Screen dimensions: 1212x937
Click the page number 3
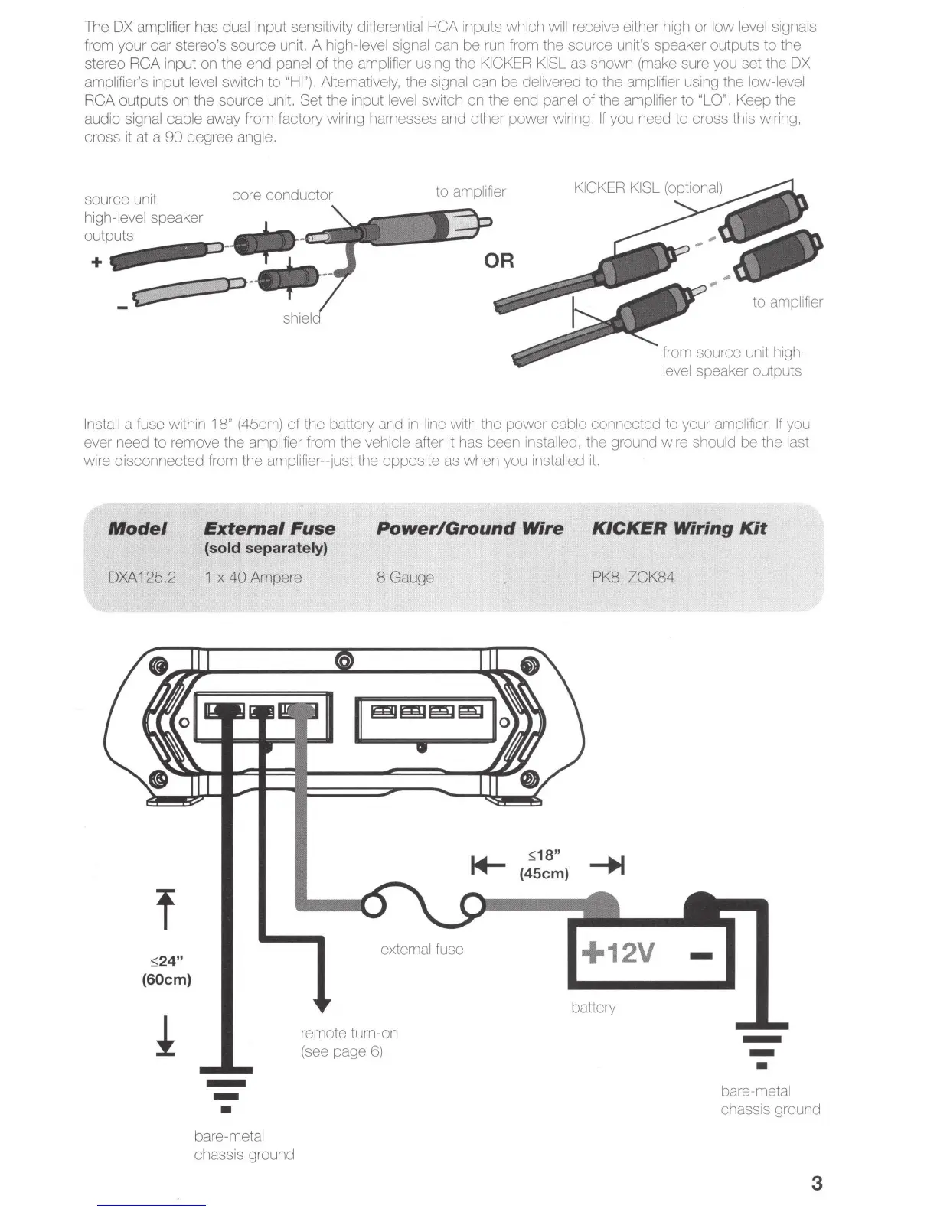pos(816,1183)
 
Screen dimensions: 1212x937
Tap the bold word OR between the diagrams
pos(499,261)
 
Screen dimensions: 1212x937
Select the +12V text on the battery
pos(619,953)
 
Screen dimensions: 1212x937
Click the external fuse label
pos(422,950)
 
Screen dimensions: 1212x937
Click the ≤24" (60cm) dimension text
pos(166,970)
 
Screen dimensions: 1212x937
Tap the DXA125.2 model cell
pos(142,578)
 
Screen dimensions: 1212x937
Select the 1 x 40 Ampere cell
pos(253,578)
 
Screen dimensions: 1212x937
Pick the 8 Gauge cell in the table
pos(405,578)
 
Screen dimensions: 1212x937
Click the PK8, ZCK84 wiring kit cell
pos(633,578)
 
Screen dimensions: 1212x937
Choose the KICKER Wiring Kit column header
pos(679,529)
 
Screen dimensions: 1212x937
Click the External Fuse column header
pos(269,529)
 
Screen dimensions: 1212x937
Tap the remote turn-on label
pos(349,1034)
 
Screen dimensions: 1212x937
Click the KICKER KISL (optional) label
pos(648,188)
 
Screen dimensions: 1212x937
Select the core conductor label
pos(282,195)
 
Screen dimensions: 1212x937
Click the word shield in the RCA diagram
pos(302,318)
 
